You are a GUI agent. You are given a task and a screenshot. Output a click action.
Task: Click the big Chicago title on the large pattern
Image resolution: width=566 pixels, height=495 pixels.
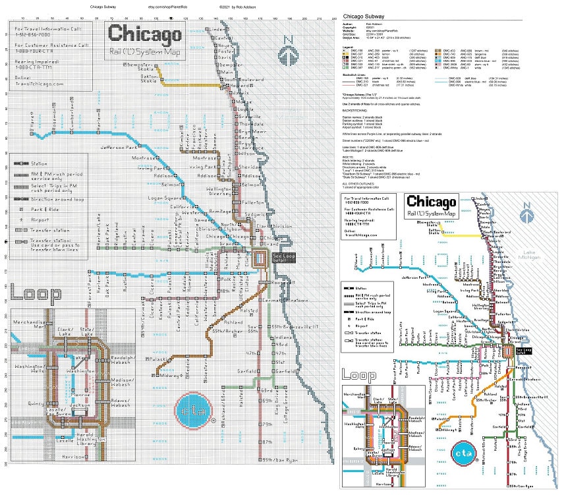coord(145,34)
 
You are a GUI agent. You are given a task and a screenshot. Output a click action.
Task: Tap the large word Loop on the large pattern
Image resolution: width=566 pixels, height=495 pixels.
coord(36,291)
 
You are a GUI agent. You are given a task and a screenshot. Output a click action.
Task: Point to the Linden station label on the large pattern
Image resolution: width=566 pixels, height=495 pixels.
coord(215,30)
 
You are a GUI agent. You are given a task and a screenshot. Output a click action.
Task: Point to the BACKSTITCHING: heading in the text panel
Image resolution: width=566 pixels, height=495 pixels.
coord(360,110)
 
